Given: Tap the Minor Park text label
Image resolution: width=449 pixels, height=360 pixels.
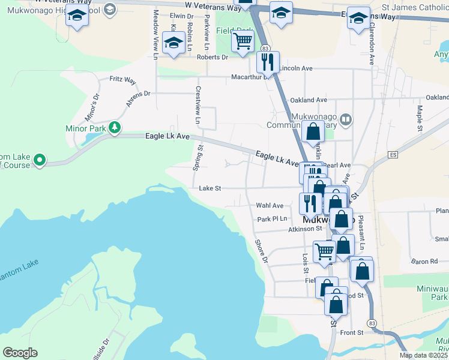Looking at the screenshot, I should [85, 128].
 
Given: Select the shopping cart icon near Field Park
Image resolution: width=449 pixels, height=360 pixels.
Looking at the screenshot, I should [243, 43].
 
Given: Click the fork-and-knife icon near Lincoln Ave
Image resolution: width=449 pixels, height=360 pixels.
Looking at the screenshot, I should [267, 61].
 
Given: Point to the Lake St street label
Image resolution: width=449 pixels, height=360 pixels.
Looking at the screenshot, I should [210, 188].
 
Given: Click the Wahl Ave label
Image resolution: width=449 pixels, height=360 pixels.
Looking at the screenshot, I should [270, 205].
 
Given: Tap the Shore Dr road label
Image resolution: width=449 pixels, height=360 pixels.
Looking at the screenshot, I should [261, 251].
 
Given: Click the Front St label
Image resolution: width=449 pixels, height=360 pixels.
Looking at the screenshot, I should [351, 332].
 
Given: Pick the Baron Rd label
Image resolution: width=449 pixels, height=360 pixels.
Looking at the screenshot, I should [424, 262].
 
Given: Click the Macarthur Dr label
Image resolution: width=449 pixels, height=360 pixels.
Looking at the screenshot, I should [249, 77].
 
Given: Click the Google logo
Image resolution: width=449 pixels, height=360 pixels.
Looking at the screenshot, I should [20, 353].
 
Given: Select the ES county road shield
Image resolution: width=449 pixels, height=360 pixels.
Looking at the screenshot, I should [393, 155].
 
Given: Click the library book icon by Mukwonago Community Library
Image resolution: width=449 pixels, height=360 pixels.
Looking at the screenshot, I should [345, 119].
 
